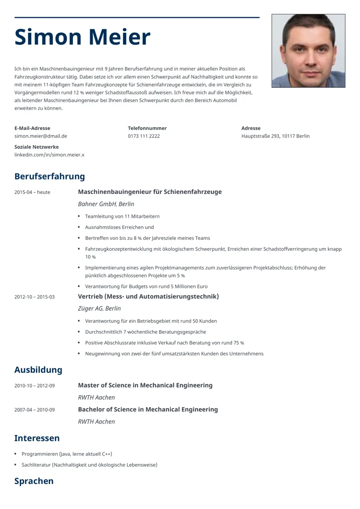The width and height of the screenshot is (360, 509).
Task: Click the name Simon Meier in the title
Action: (x=83, y=37)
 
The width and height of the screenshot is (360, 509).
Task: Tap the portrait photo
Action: (x=308, y=50)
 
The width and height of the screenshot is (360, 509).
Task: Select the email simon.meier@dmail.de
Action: (x=41, y=136)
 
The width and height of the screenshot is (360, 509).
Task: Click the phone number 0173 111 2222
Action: (x=144, y=136)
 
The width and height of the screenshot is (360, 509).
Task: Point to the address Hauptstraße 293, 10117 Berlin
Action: (x=276, y=136)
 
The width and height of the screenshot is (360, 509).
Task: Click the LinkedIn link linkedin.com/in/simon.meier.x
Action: (x=49, y=155)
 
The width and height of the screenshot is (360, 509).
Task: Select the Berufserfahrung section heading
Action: (x=49, y=177)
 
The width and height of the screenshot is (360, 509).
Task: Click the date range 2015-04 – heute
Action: (x=32, y=192)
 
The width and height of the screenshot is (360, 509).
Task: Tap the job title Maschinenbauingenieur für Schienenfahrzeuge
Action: (x=150, y=192)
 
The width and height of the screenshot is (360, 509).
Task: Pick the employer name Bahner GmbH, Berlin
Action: (x=106, y=204)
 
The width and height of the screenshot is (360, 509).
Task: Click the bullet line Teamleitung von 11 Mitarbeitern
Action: (x=122, y=216)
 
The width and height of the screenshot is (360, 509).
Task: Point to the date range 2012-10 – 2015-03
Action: (x=35, y=297)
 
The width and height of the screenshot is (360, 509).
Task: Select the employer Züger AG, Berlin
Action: (x=99, y=308)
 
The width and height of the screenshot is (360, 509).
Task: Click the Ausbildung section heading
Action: (x=38, y=370)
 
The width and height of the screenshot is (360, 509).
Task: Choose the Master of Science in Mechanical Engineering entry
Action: (x=145, y=385)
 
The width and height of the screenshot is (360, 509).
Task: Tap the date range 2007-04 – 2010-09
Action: (x=35, y=410)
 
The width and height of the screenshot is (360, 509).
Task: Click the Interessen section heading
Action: (x=37, y=438)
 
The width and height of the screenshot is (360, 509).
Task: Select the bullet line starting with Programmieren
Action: (x=67, y=454)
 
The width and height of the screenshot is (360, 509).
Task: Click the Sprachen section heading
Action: (x=34, y=481)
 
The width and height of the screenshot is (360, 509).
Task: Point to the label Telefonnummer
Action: (x=147, y=128)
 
